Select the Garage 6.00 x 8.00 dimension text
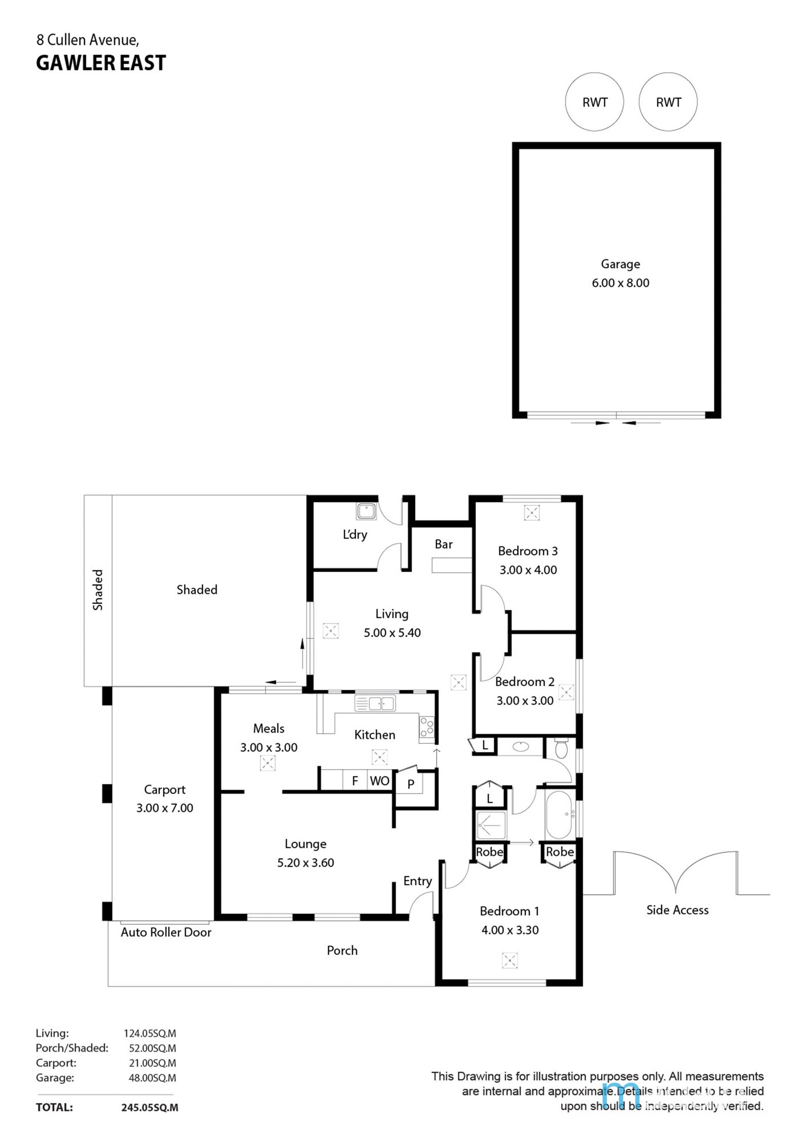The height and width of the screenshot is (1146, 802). pos(620,283)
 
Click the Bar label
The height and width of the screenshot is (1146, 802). pos(443,544)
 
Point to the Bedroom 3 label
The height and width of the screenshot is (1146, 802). pos(528,551)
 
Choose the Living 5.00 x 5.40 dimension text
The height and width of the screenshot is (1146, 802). pos(392,632)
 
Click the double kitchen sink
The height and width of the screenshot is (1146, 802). pos(375,703)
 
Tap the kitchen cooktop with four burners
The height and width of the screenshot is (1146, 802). pos(426,727)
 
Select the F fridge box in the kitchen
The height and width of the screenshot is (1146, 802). pos(355,780)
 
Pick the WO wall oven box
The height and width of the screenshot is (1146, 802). pos(380,780)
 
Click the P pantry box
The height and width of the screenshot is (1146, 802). pos(410,783)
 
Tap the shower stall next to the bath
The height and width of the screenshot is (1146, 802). pos(491,825)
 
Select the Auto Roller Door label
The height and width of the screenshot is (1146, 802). pos(166,932)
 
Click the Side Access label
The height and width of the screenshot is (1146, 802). pos(677,910)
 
